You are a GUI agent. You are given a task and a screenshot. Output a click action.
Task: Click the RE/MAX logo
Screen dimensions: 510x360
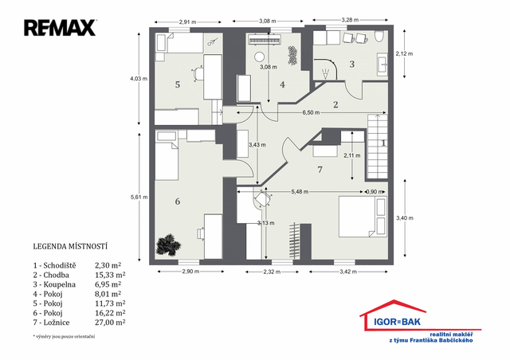pos(61,28)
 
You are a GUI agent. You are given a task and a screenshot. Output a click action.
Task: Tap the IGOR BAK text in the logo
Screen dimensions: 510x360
pos(397,322)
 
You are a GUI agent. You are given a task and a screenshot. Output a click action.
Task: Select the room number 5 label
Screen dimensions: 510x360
pos(177,84)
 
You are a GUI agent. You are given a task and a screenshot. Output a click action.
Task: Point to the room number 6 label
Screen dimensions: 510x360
pos(177,202)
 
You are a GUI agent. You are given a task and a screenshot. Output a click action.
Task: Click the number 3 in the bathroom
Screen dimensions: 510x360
pos(351,64)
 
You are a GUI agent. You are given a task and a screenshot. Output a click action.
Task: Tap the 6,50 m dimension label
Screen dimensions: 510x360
pos(311,112)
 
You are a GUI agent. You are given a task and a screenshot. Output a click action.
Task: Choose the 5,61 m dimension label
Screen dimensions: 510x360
pos(139,197)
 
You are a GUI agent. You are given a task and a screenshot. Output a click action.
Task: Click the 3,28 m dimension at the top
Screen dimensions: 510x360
pos(350,20)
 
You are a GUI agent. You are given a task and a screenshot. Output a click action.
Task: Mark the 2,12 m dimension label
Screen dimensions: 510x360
pos(404,53)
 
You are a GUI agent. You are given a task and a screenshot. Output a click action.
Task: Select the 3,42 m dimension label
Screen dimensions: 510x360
pos(348,272)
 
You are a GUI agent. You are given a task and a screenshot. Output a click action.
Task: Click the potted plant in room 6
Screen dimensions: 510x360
pos(168,245)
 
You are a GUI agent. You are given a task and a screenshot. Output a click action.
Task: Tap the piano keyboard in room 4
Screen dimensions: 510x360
pos(264,41)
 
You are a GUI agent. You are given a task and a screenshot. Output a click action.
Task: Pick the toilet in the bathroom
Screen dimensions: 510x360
pos(379,37)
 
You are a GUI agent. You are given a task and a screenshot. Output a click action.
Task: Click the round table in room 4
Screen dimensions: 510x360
pos(260,57)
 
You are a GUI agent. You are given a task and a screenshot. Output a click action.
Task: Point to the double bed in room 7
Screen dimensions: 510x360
pos(363,217)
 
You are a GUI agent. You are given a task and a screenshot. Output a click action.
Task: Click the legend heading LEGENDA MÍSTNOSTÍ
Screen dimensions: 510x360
pos(70,246)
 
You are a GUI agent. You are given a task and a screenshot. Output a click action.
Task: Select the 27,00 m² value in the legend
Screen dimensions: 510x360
pos(110,323)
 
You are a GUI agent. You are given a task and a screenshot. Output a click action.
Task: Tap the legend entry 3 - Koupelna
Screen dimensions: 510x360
pos(54,284)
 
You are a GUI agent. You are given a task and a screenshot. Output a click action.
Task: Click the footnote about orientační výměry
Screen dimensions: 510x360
pos(64,337)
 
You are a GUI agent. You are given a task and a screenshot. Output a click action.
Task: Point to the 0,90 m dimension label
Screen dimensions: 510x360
pos(375,192)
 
